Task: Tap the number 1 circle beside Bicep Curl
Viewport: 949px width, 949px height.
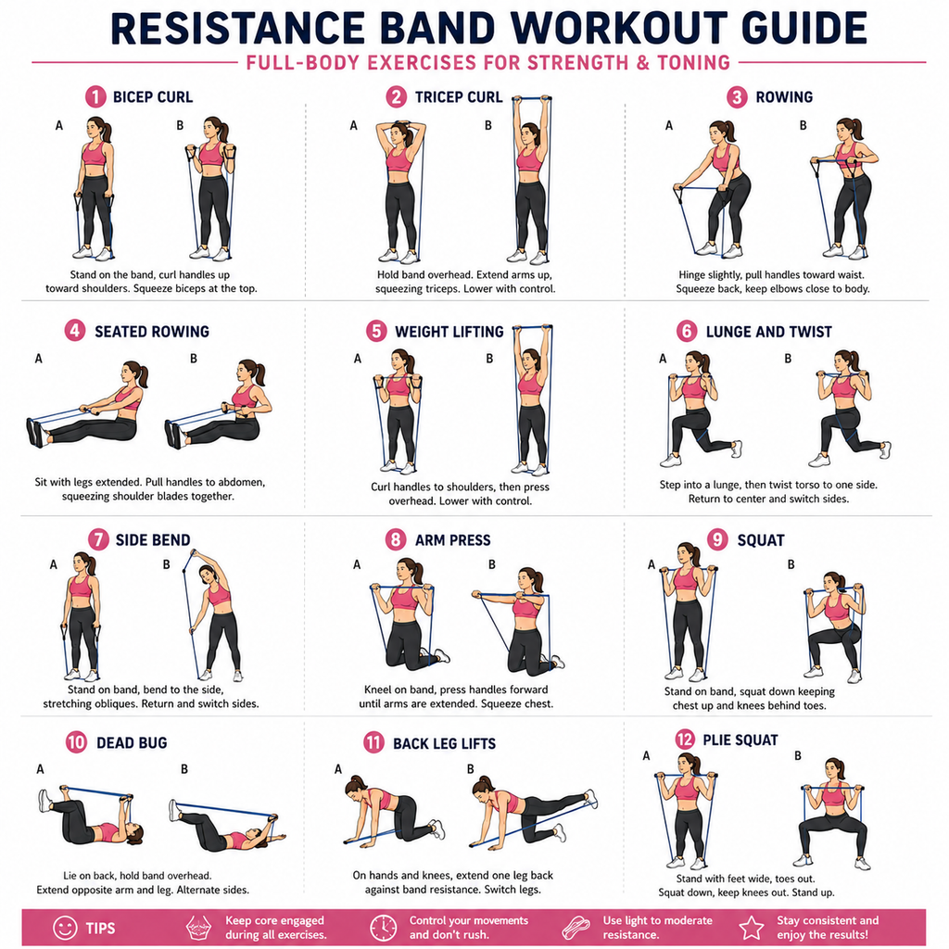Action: pyautogui.click(x=95, y=96)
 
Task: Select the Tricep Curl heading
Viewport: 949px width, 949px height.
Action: pyautogui.click(x=458, y=96)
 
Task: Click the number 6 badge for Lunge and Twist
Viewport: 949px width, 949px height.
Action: pyautogui.click(x=687, y=331)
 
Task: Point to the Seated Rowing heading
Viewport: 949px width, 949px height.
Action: pyautogui.click(x=152, y=332)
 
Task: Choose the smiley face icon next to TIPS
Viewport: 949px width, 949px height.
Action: pyautogui.click(x=65, y=927)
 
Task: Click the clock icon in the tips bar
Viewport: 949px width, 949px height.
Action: pyautogui.click(x=383, y=928)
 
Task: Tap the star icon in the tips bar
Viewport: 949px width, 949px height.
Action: pyautogui.click(x=752, y=927)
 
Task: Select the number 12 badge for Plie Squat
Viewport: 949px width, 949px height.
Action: pyautogui.click(x=685, y=739)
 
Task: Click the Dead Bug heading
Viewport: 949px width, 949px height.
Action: pyautogui.click(x=132, y=742)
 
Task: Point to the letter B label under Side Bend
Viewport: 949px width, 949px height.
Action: pyautogui.click(x=167, y=564)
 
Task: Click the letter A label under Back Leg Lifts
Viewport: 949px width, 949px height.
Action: pyautogui.click(x=337, y=769)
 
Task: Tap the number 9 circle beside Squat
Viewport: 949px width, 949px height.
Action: pyautogui.click(x=717, y=539)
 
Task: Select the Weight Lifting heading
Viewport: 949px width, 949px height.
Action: pyautogui.click(x=449, y=332)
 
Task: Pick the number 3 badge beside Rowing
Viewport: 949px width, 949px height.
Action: pyautogui.click(x=737, y=96)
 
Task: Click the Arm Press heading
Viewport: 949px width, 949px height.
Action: pyautogui.click(x=452, y=540)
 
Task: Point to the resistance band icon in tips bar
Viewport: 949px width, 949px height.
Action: pyautogui.click(x=576, y=927)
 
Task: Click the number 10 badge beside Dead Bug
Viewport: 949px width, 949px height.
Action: pyautogui.click(x=76, y=742)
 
